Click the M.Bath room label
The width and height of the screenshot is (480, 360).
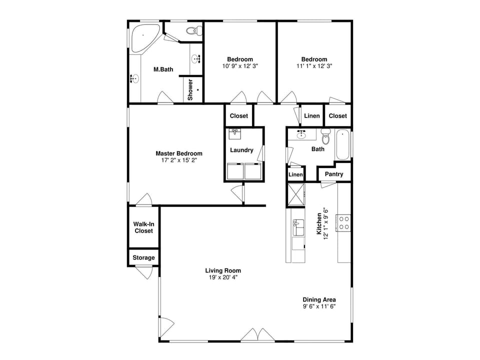pos(163,69)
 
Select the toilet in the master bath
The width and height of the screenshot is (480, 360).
pos(192,31)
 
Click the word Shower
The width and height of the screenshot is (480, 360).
pos(190,89)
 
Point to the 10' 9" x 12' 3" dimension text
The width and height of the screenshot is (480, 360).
pos(240,66)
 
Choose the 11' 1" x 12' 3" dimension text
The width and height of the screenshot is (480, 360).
pos(314,66)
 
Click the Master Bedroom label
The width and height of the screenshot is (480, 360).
pos(178,153)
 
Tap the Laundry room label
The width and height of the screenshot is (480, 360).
pos(241,150)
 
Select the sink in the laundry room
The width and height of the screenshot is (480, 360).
pos(234,134)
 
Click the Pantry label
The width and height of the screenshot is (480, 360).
pos(334,174)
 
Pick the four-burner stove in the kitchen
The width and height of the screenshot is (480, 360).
pos(343,222)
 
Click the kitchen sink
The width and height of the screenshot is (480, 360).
pos(298,227)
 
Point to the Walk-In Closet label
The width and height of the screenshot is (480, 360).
pos(143,227)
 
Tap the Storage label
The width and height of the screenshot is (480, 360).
pos(143,258)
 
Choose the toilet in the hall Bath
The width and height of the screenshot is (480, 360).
pos(326,136)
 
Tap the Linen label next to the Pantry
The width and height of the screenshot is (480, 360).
pos(295,174)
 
